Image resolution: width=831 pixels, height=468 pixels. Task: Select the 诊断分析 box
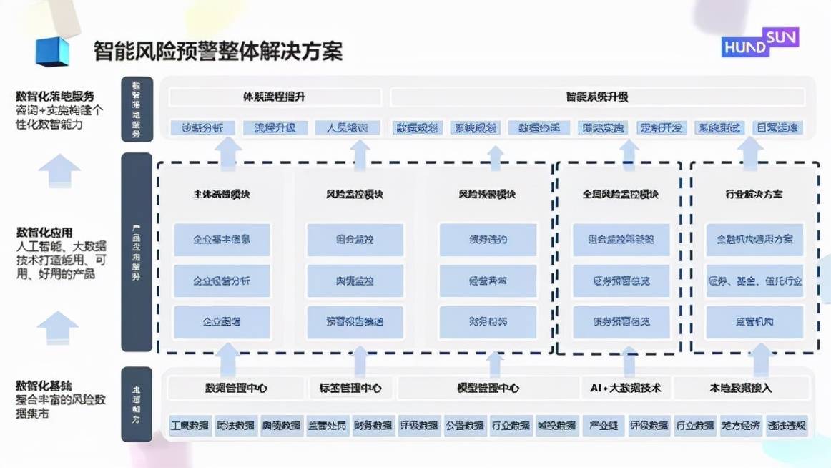click(x=202, y=128)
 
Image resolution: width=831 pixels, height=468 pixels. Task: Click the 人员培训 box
click(x=346, y=128)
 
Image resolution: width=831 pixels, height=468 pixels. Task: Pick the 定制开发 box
click(x=661, y=128)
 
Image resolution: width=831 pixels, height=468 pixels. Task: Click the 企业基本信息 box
click(x=222, y=240)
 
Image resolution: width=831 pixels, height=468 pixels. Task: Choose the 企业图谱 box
click(x=222, y=322)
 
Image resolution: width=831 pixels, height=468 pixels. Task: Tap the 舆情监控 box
click(x=355, y=281)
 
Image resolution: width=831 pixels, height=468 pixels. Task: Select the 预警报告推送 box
click(x=355, y=322)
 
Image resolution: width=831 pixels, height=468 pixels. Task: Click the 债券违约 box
click(x=488, y=240)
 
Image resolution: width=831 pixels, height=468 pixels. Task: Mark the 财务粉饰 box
click(x=488, y=322)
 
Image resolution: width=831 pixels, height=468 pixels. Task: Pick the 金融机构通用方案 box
click(x=754, y=240)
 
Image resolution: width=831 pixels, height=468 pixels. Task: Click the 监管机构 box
click(x=754, y=322)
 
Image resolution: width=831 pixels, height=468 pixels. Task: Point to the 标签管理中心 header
click(x=350, y=389)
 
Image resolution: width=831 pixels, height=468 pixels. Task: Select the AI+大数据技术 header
click(x=626, y=389)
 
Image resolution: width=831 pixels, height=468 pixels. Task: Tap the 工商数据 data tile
click(x=190, y=426)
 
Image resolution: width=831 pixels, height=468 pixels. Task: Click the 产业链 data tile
click(x=603, y=426)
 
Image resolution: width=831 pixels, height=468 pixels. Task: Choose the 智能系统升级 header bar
click(x=597, y=97)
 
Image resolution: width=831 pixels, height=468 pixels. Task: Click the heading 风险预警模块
click(x=488, y=194)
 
